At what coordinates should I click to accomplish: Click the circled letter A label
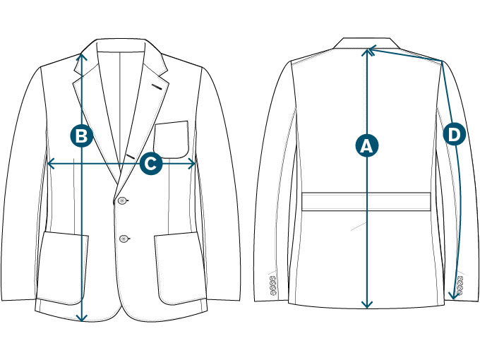tap(366, 145)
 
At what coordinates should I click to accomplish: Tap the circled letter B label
tap(82, 136)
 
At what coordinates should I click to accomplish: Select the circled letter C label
tap(150, 163)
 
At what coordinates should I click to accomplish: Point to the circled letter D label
tap(454, 133)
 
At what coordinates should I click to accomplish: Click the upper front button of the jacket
tap(123, 202)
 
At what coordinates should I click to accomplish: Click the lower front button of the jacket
tap(124, 237)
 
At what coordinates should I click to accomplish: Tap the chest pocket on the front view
tap(172, 139)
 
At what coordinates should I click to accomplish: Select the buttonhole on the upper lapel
tap(160, 87)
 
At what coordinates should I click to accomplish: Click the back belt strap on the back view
tap(366, 201)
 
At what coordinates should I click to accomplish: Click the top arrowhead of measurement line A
tap(366, 49)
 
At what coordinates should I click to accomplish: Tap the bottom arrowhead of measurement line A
tap(366, 306)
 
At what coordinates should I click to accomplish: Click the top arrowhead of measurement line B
tap(82, 54)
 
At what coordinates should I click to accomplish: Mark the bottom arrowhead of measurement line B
tap(82, 318)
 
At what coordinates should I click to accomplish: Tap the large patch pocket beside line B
tap(63, 267)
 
